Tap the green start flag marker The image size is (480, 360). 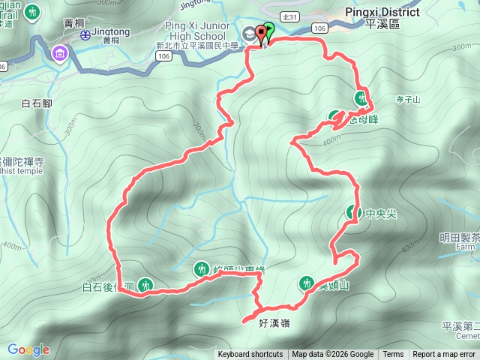(x=268, y=31)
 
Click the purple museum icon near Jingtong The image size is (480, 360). (x=59, y=53)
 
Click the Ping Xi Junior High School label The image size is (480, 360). (x=195, y=31)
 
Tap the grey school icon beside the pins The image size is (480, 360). (x=248, y=33)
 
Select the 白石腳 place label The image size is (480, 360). (x=36, y=104)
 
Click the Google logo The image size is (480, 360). (x=28, y=350)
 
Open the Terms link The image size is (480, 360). (x=393, y=355)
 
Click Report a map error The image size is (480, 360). (x=444, y=355)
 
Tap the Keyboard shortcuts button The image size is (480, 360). (x=250, y=355)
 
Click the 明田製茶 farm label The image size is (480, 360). (x=459, y=238)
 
